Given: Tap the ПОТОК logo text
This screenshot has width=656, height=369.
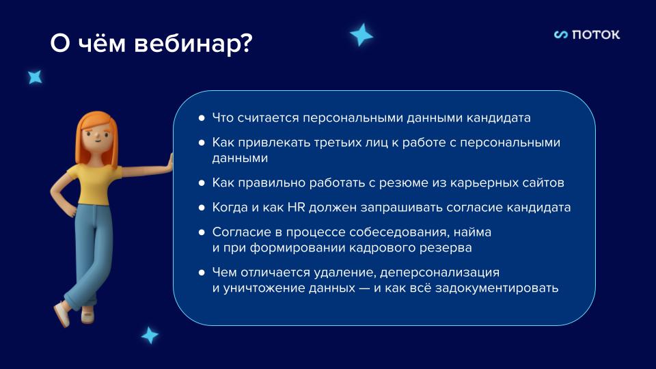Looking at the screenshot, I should [x=595, y=35].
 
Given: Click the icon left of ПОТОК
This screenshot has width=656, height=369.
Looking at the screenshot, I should [x=561, y=35].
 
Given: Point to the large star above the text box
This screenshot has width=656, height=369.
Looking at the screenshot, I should [x=361, y=34].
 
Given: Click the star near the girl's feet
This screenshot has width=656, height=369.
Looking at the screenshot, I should [x=149, y=335].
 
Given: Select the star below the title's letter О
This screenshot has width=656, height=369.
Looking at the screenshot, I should [x=34, y=77].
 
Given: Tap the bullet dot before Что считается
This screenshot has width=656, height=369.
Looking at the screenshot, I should [x=202, y=118].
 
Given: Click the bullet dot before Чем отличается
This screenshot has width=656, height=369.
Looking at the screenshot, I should [x=202, y=273].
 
